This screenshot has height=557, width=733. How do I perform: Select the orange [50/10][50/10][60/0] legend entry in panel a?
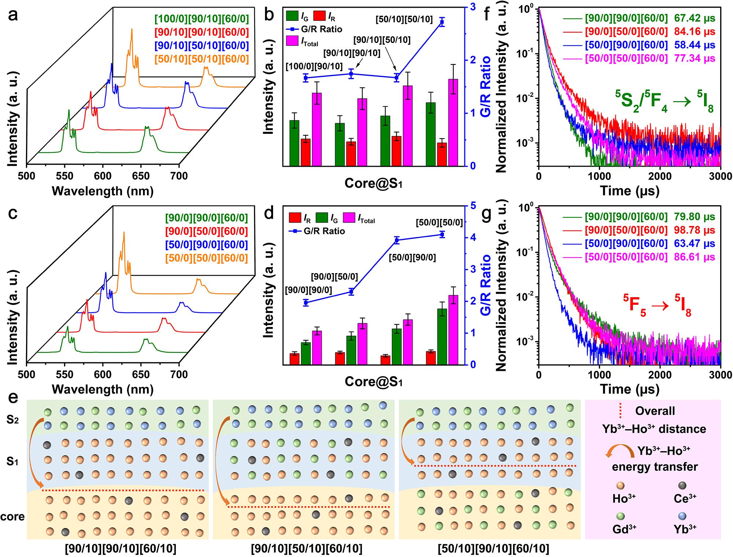pos(201,59)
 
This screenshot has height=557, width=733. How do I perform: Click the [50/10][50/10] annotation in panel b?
pos(404,19)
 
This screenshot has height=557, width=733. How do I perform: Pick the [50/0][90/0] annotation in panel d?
pos(412,258)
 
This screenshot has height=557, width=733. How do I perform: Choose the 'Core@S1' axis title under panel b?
pos(373,184)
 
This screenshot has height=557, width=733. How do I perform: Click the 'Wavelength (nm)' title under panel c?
pos(103,389)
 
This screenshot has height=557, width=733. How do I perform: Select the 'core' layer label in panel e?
pos(12,517)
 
